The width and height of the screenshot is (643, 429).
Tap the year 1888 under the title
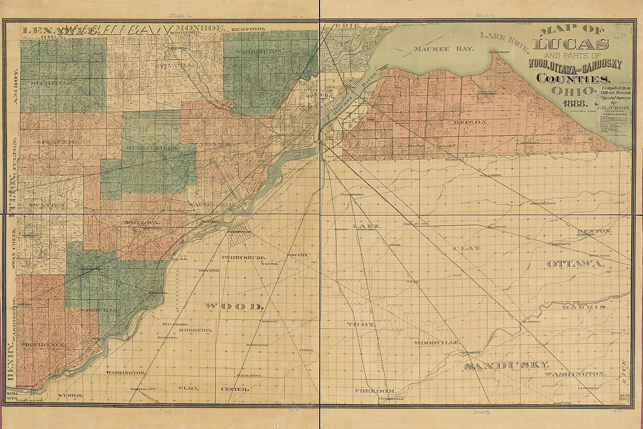pyautogui.click(x=570, y=103)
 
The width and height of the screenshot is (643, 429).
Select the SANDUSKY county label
pyautogui.click(x=507, y=366)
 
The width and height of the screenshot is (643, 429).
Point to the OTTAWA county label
pyautogui.click(x=576, y=264)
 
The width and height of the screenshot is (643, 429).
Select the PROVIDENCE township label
pyautogui.click(x=43, y=344)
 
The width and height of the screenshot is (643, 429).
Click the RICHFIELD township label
pyautogui.click(x=52, y=83)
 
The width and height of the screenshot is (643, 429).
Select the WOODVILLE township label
pyautogui.click(x=436, y=343)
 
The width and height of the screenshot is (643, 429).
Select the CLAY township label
pyautogui.click(x=467, y=248)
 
